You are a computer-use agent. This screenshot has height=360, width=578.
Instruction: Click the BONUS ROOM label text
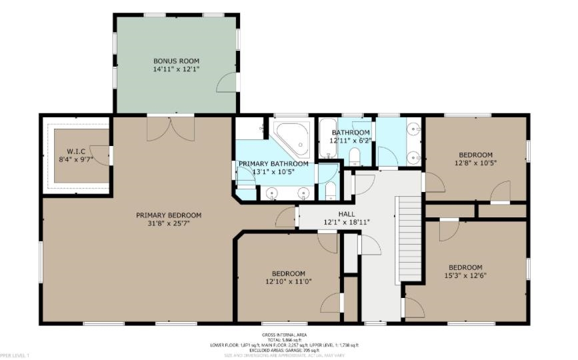point(177,60)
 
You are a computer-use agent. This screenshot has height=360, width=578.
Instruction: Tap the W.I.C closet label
point(73,151)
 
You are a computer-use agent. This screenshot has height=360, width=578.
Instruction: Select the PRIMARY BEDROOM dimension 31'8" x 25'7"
point(169,224)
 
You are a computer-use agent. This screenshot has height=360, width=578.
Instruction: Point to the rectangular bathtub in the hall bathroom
point(327,139)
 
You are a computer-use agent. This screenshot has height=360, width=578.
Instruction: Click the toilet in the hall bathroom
point(354,157)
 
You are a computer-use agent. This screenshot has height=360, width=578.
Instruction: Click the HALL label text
point(347,213)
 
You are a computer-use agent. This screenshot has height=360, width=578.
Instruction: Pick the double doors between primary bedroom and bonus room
point(171,128)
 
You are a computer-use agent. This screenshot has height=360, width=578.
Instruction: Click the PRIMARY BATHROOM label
point(273,163)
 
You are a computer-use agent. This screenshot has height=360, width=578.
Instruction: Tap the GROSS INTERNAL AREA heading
point(289,335)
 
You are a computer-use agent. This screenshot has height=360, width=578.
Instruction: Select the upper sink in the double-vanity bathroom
point(413,129)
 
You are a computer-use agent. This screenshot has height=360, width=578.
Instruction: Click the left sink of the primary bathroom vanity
point(271,193)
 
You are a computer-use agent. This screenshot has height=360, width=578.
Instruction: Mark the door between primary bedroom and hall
point(287,216)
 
